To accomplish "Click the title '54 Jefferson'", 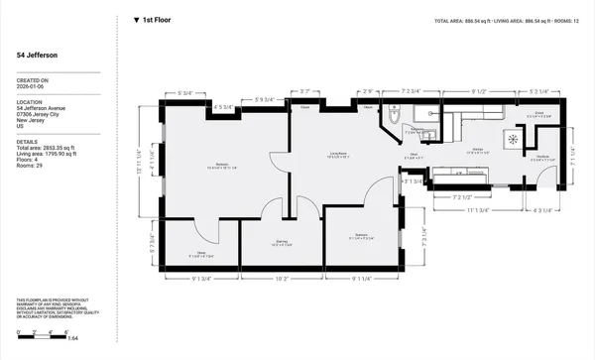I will [37, 56].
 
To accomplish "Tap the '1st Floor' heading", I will [159, 19].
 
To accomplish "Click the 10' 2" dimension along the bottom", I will [281, 279].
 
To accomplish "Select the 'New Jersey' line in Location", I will [32, 119].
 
